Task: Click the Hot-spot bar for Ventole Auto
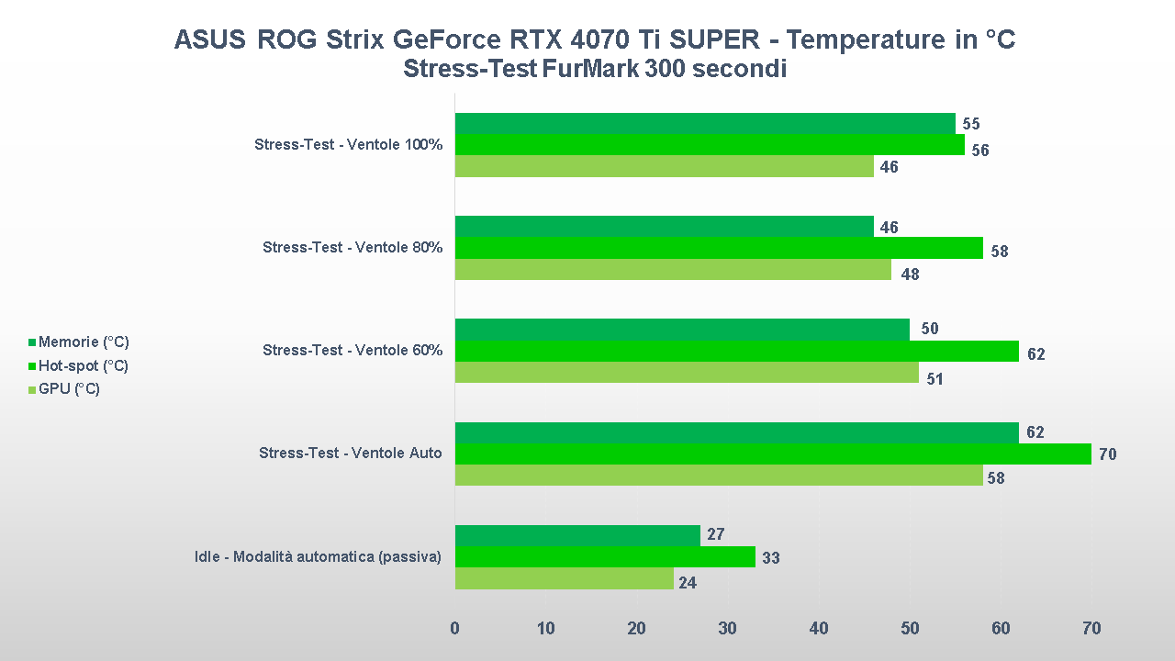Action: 773,454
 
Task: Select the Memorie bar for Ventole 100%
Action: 705,123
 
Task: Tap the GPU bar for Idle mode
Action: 564,578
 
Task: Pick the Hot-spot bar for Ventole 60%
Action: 736,351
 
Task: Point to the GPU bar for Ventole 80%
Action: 673,270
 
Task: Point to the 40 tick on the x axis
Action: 819,629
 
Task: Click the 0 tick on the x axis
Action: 455,629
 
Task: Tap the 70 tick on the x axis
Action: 1091,629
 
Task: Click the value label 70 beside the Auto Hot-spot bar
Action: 1107,454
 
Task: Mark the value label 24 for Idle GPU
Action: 688,582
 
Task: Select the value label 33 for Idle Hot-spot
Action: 770,557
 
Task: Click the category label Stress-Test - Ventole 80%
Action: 352,248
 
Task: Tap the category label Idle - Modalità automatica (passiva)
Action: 319,556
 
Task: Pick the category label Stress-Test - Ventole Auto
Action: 351,454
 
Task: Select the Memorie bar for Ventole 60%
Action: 682,330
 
